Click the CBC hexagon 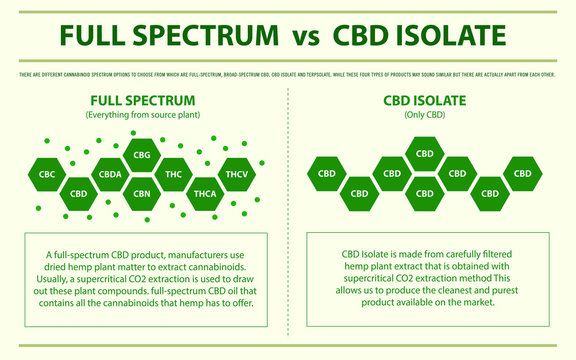point(46,174)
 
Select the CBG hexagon point(141,155)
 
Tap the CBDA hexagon point(110,174)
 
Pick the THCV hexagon point(236,174)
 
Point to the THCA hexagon point(204,193)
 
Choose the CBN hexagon point(141,193)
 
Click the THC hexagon point(172,174)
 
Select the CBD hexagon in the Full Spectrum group point(78,193)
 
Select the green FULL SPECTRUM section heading point(142,101)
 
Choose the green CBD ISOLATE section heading point(424,101)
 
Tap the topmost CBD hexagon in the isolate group point(424,155)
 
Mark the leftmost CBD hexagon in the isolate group point(327,174)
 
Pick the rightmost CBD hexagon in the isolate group point(521,174)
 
